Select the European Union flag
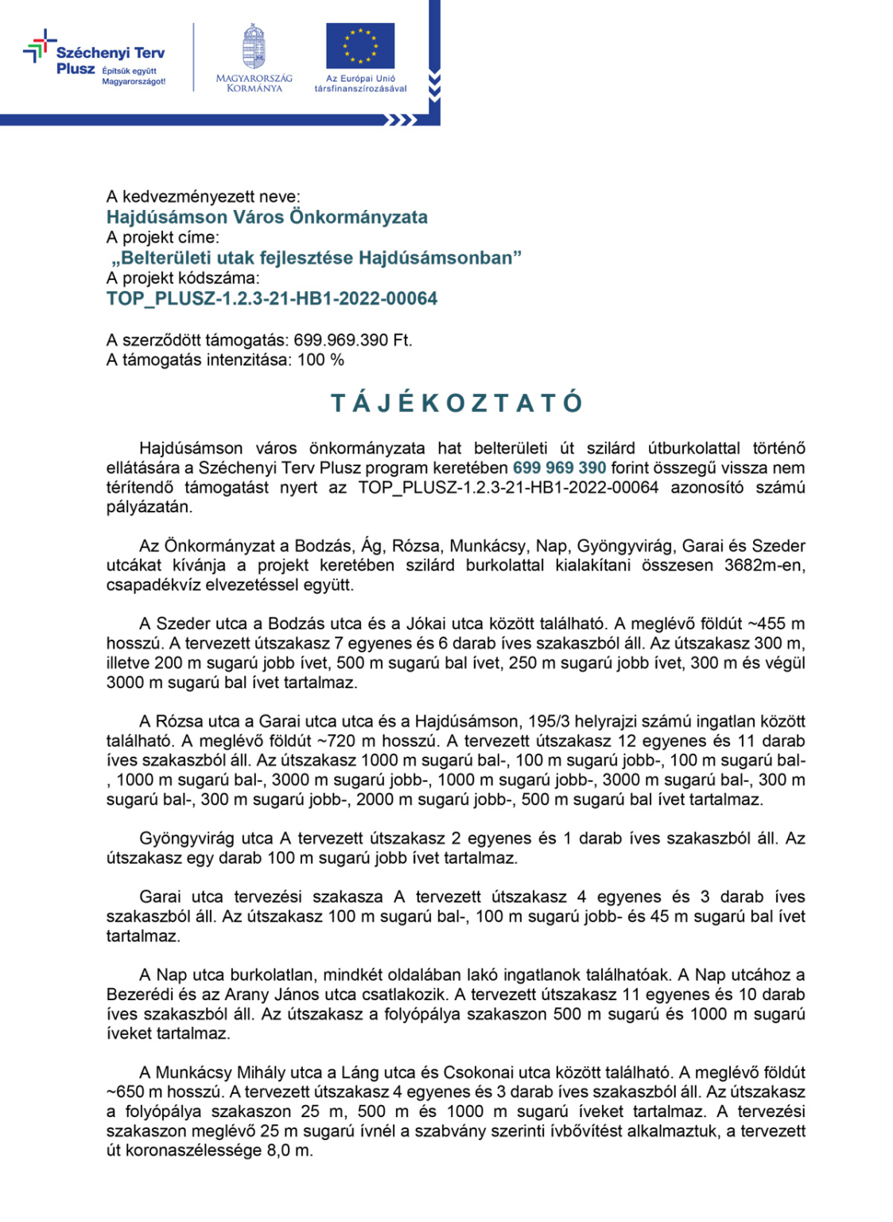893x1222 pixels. click(360, 46)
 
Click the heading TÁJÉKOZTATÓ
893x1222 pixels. click(456, 403)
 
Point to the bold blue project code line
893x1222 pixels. click(272, 299)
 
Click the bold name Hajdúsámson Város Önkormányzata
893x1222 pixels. click(267, 217)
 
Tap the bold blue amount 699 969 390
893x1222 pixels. click(559, 468)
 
